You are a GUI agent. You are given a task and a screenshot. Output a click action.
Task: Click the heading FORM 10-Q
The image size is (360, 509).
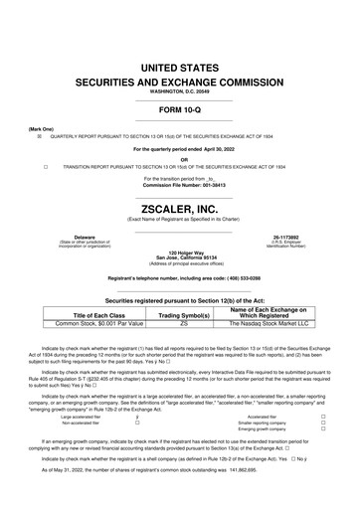click(180, 108)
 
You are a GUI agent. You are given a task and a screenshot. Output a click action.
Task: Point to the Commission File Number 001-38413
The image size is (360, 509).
click(180, 187)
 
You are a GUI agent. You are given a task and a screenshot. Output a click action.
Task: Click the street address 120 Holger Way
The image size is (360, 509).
click(180, 253)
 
